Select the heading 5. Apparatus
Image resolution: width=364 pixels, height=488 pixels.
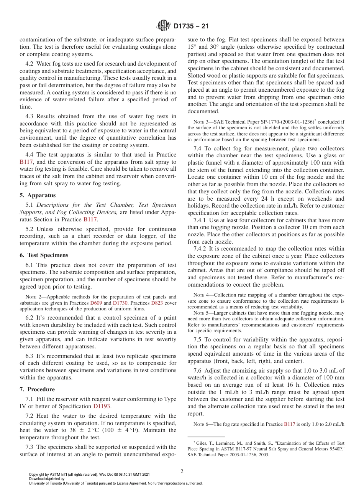38,195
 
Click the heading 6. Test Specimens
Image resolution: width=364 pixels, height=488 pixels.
44,255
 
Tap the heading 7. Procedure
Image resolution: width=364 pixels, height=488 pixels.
37,389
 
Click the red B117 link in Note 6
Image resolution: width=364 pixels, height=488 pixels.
289,424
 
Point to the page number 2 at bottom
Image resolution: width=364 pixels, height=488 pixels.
182,471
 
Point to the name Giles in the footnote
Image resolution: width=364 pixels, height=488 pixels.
202,443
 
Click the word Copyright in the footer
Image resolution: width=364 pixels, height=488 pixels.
37,475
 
